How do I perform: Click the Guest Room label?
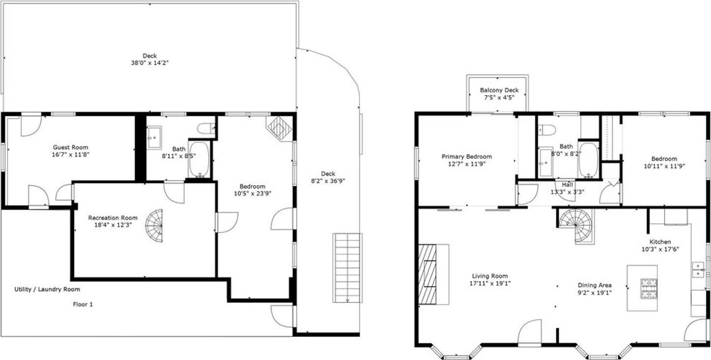click(x=71, y=147)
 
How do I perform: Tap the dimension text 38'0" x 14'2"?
click(x=150, y=63)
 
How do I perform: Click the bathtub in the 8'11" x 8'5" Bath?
click(x=199, y=160)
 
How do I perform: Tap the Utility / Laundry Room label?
click(x=47, y=289)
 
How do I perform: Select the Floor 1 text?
click(x=83, y=304)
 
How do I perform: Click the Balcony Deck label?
click(x=499, y=90)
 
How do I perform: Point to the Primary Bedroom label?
click(x=466, y=157)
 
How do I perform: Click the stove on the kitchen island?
click(x=648, y=288)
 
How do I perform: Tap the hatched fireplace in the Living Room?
click(x=427, y=274)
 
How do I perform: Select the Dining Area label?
click(x=595, y=285)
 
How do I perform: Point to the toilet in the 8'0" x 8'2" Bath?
click(x=547, y=130)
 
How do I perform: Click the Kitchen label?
click(x=660, y=242)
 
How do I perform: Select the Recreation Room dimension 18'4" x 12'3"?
click(x=113, y=225)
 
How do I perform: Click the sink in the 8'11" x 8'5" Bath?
click(x=154, y=137)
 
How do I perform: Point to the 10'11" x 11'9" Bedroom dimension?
click(x=664, y=166)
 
